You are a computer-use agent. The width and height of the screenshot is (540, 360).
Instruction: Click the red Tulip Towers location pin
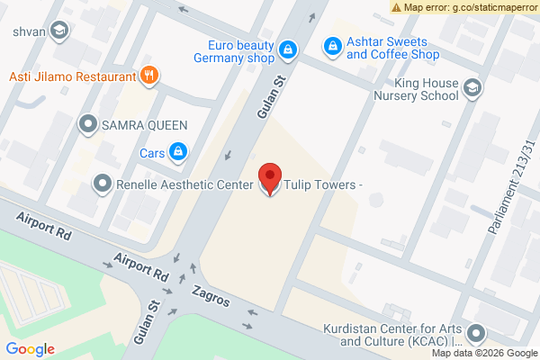point(269,178)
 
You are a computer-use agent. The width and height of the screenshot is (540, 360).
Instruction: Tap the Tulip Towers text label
point(323,186)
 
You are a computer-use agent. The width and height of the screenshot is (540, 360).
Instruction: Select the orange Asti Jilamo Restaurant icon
point(149,76)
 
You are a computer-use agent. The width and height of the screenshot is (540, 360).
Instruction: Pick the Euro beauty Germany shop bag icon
point(288,49)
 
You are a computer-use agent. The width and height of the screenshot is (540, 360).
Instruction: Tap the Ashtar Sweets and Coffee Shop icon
point(332,43)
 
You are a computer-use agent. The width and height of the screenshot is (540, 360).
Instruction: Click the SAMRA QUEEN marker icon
point(88,122)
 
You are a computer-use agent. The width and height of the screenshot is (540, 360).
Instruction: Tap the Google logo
point(30,349)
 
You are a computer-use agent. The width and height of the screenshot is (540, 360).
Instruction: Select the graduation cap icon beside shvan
point(59,31)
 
